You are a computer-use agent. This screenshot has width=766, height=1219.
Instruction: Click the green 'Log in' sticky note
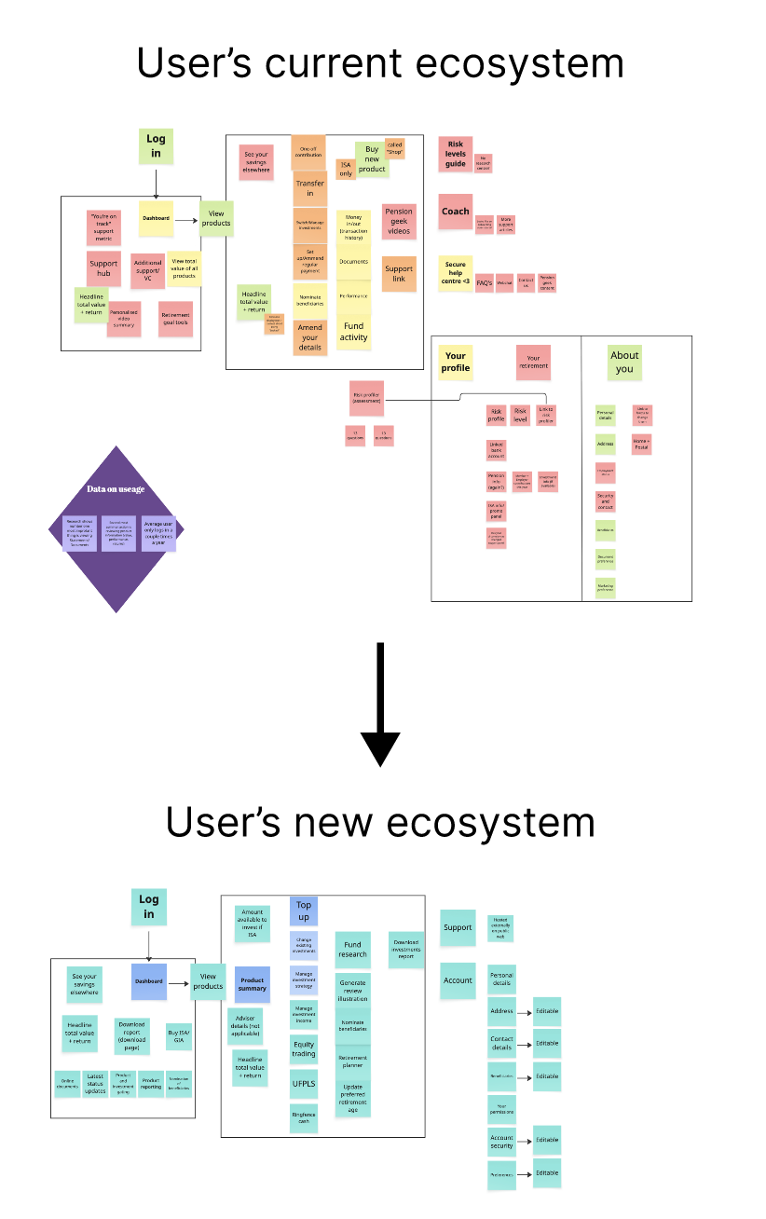pos(156,146)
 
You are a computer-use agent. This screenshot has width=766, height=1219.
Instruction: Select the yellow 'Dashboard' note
pos(157,218)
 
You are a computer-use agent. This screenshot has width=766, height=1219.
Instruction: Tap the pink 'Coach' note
pos(456,212)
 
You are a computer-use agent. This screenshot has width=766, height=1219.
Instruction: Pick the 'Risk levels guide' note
pos(456,155)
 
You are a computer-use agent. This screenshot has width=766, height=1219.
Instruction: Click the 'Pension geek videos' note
pos(399,222)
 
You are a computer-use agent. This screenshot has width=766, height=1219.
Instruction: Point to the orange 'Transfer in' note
pos(309,189)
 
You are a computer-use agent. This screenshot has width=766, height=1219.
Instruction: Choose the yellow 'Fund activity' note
pos(353,332)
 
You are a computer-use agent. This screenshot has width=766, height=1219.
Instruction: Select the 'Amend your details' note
pos(309,337)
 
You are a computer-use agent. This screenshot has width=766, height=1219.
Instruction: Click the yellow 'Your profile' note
pos(456,362)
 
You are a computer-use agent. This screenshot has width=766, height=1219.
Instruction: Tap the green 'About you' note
pos(624,362)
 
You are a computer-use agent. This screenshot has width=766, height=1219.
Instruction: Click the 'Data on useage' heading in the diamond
pos(116,488)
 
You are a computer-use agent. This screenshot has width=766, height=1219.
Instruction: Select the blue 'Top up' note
pos(304,911)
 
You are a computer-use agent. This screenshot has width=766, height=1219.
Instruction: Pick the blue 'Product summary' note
pos(253,984)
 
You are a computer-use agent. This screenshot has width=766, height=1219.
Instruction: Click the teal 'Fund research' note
pos(352,949)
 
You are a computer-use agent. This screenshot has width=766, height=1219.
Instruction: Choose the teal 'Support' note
pos(458,927)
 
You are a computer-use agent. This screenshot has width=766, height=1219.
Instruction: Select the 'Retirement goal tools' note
pos(175,319)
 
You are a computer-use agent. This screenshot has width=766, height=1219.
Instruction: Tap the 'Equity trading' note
pos(304,1048)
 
